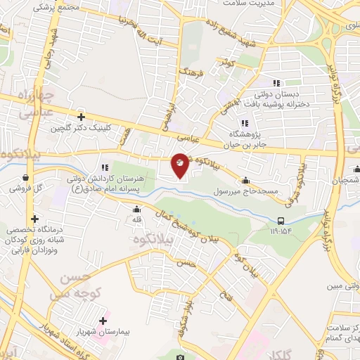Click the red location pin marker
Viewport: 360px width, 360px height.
coord(180,165)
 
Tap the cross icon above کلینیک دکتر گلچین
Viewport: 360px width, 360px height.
coord(82,117)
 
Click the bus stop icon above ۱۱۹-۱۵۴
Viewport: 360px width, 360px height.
coord(282,219)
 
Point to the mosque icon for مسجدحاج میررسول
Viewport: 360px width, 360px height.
coord(245,179)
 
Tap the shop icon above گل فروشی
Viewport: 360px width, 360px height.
coord(26,178)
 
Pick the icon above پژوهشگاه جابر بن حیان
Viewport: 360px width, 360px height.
coord(244,122)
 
